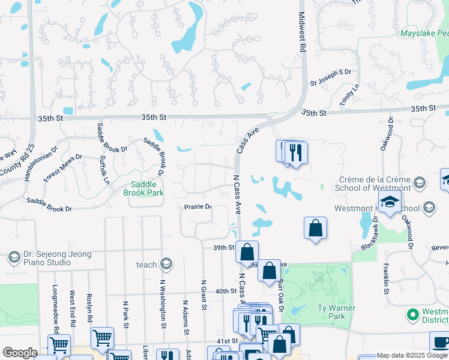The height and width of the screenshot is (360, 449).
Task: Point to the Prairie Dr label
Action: tap(198, 207)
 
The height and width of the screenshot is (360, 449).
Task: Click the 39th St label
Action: tap(223, 247)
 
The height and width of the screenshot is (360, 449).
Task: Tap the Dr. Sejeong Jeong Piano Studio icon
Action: tap(14, 258)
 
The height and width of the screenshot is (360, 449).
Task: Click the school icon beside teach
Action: tap(166, 264)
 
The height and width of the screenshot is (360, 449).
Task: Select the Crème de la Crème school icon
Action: tap(420, 182)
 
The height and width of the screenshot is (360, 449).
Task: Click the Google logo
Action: tap(20, 353)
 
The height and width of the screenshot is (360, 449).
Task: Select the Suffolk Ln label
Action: tap(106, 170)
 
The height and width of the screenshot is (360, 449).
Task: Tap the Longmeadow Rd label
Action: tap(55, 308)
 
